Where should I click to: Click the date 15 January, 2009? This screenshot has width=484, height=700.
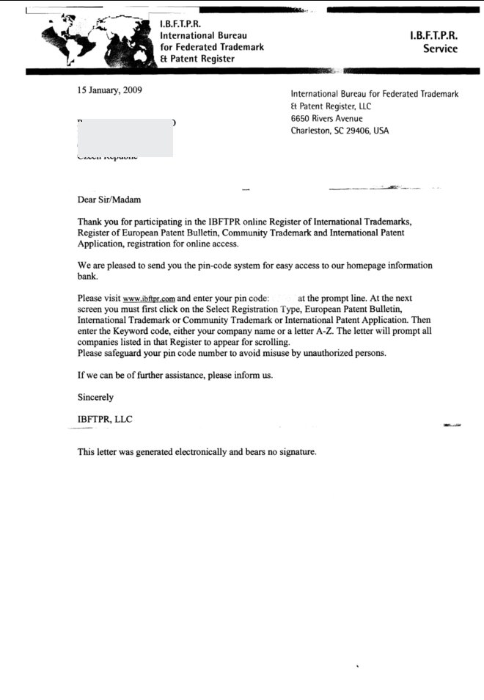click(110, 91)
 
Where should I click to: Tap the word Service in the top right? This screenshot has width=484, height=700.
click(440, 49)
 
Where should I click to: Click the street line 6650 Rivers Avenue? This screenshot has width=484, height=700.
click(326, 118)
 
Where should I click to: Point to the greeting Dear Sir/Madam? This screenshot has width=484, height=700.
click(109, 199)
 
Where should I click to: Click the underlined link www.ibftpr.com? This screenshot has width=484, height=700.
click(149, 299)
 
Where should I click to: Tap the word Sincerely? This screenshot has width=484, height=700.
click(96, 396)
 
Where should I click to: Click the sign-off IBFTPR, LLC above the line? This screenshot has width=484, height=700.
click(105, 418)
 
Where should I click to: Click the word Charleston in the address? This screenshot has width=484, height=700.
click(312, 131)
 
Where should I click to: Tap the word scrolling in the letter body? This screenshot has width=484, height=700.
click(271, 342)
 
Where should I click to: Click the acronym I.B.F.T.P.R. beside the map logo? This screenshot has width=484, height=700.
click(180, 24)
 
